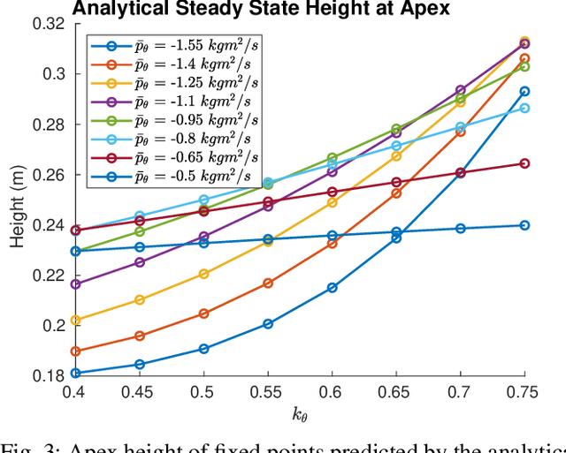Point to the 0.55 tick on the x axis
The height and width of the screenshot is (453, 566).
tap(268, 391)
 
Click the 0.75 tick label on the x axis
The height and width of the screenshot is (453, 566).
tap(524, 391)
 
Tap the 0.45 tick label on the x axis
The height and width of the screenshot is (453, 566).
tap(139, 391)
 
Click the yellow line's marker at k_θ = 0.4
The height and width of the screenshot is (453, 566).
tap(75, 320)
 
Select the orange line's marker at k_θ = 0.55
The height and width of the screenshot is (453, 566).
tap(268, 283)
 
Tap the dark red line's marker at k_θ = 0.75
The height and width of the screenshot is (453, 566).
tap(524, 163)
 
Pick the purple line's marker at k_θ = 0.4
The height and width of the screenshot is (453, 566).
tap(75, 284)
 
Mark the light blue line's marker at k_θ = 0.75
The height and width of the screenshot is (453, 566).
tap(524, 108)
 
